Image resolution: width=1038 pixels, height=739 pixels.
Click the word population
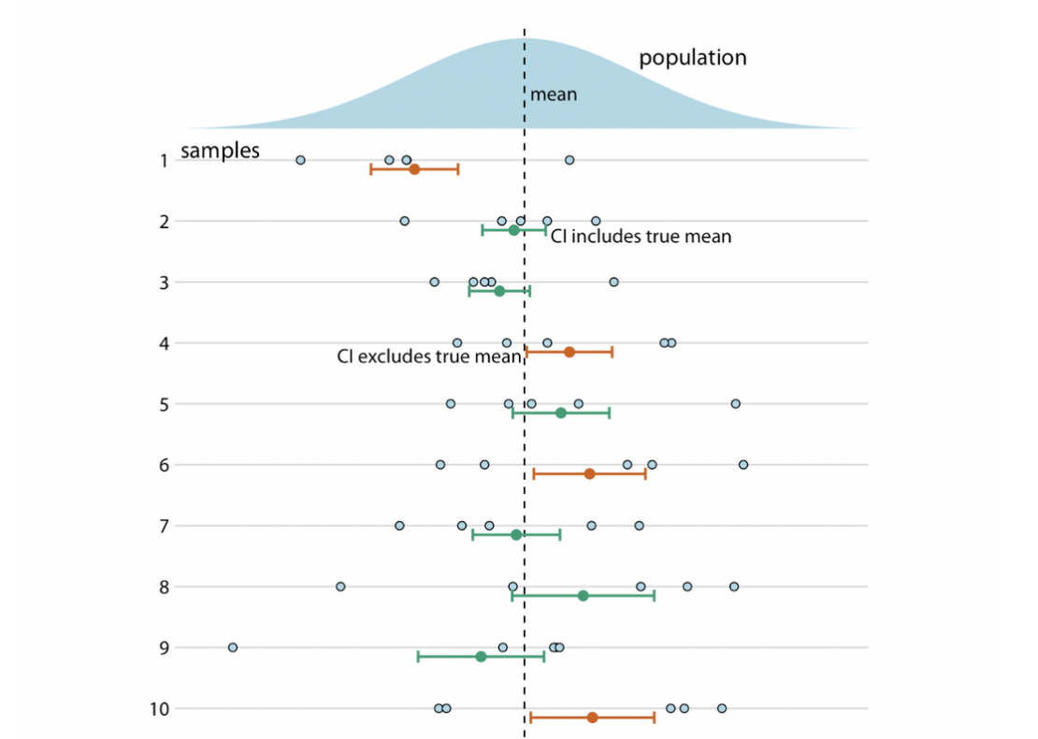(692, 58)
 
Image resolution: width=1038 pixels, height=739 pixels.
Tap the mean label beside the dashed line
(554, 94)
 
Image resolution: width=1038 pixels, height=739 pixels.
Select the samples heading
(220, 151)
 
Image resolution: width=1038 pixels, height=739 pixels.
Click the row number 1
(164, 161)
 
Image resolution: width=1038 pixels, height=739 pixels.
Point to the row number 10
(160, 708)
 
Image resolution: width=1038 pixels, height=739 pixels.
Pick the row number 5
(164, 404)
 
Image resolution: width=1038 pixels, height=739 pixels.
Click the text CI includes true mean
(641, 237)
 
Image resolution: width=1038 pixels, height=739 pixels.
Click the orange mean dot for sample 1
(414, 169)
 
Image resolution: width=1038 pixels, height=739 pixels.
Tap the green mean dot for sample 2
(513, 230)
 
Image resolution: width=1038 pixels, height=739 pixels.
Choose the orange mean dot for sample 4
(569, 352)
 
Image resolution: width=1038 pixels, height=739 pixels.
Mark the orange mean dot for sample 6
(589, 474)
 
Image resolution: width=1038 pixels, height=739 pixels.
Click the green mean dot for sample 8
(583, 596)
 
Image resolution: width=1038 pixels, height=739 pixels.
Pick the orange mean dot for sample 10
(592, 717)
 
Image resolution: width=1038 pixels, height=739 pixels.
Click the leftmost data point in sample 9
(233, 647)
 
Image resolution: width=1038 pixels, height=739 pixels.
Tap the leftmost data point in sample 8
(340, 587)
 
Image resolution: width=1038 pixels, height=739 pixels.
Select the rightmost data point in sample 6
(742, 465)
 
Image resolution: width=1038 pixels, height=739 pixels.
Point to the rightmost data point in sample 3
(613, 282)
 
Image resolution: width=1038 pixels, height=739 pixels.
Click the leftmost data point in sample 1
(300, 160)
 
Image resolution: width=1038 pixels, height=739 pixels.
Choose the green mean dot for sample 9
(481, 657)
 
